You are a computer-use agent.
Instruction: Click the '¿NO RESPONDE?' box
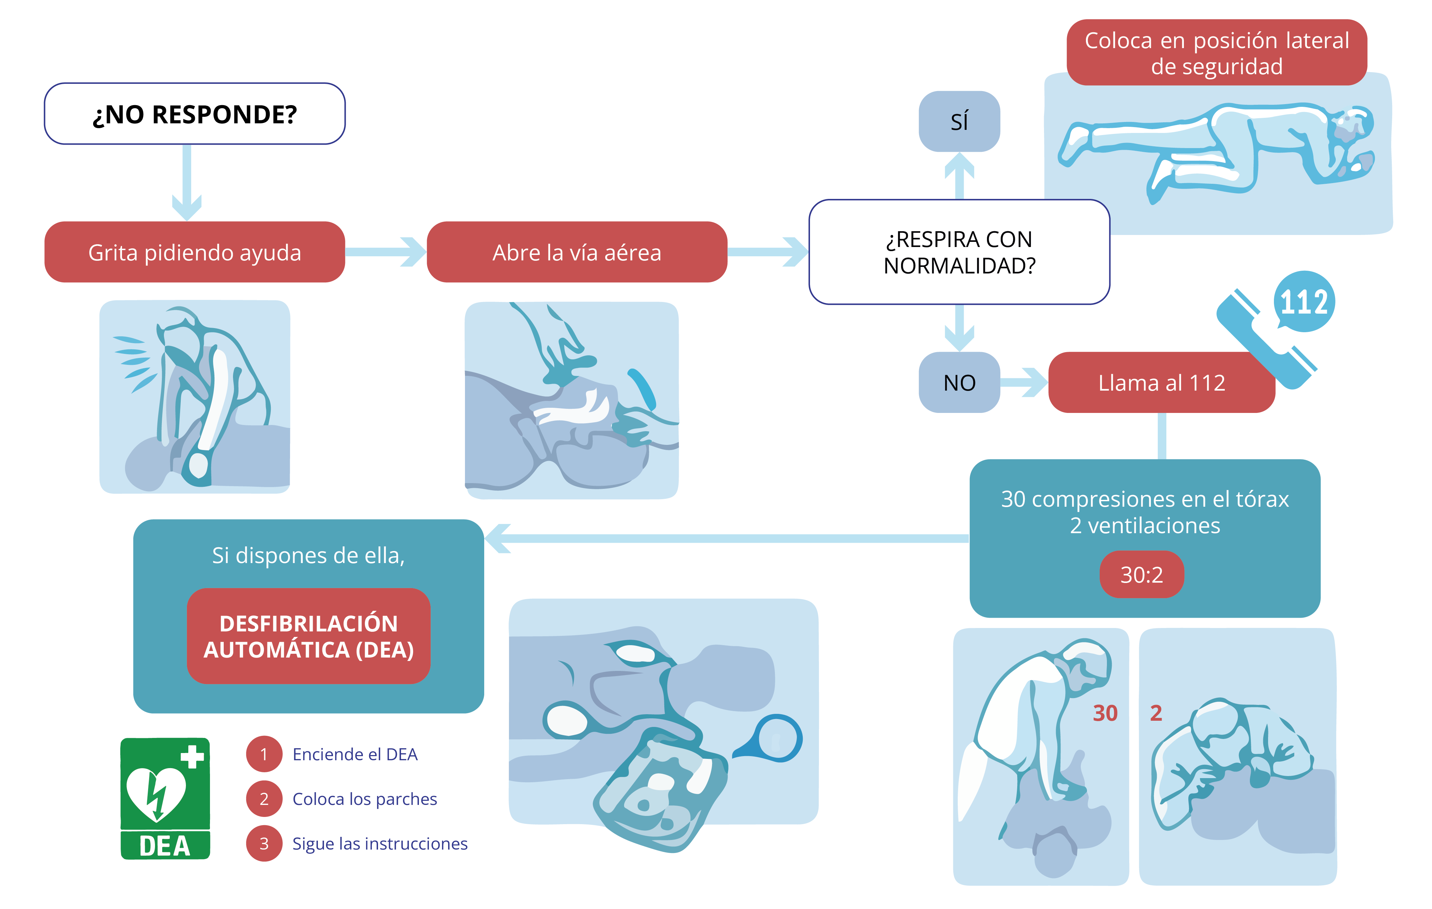click(x=195, y=114)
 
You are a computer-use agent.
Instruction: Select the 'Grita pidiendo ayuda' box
click(x=195, y=252)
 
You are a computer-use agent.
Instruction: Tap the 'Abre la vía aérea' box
click(x=576, y=252)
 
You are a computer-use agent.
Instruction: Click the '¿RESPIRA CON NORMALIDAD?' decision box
click(x=959, y=252)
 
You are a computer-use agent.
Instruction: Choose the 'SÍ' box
click(x=959, y=121)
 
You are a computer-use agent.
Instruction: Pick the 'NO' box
click(x=959, y=382)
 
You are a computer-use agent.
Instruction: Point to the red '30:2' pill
click(x=1141, y=574)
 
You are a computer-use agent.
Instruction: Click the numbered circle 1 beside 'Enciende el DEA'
click(x=264, y=754)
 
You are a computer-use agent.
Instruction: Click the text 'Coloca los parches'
click(x=365, y=799)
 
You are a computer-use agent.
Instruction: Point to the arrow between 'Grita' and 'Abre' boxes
click(x=385, y=252)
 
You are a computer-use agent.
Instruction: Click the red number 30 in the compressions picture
click(x=1105, y=713)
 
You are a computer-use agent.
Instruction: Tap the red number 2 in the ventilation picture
click(x=1155, y=713)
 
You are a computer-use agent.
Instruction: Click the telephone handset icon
click(x=1264, y=339)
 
